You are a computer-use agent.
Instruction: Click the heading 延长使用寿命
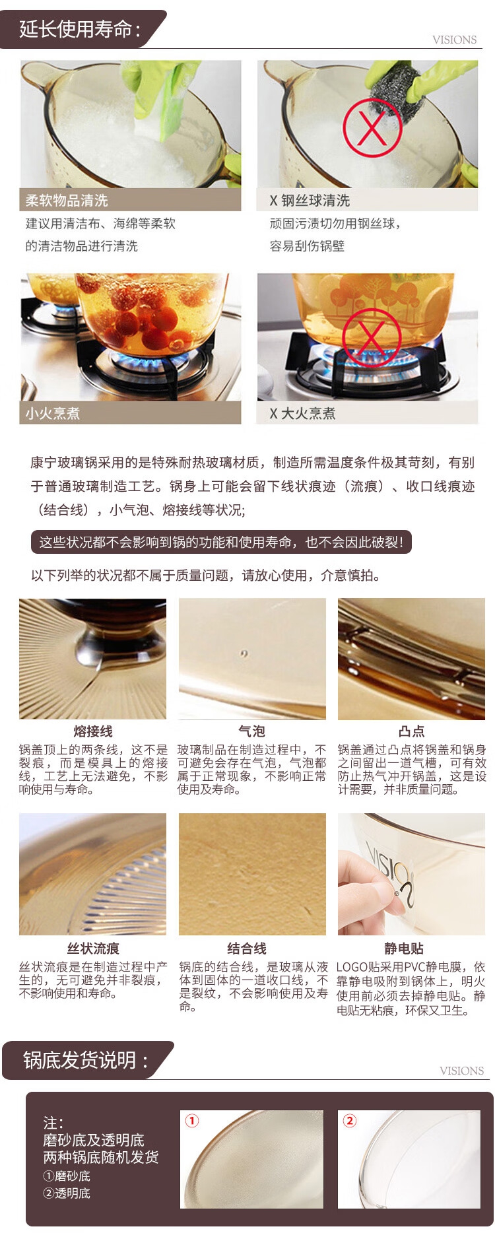(x=79, y=29)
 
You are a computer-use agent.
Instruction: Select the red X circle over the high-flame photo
(x=372, y=337)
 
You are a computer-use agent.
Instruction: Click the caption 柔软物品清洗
(x=67, y=200)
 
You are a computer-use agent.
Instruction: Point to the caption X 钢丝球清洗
(x=310, y=200)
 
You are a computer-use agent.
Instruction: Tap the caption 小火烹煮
(x=53, y=413)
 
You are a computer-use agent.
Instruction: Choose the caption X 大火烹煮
(x=302, y=413)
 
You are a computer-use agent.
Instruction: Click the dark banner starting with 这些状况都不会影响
(x=221, y=542)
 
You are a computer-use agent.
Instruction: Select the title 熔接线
(x=93, y=731)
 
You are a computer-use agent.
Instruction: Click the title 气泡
(x=251, y=731)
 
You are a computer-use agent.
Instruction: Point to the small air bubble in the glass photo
(x=244, y=653)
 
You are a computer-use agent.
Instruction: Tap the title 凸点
(x=411, y=731)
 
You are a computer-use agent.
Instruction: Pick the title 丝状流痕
(x=93, y=948)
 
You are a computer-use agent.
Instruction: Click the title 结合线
(x=246, y=948)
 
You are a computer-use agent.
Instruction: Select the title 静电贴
(x=403, y=948)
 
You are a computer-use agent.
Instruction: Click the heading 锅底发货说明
(x=85, y=1059)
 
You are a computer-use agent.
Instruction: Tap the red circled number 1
(x=192, y=1121)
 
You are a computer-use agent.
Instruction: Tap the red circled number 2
(x=350, y=1121)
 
